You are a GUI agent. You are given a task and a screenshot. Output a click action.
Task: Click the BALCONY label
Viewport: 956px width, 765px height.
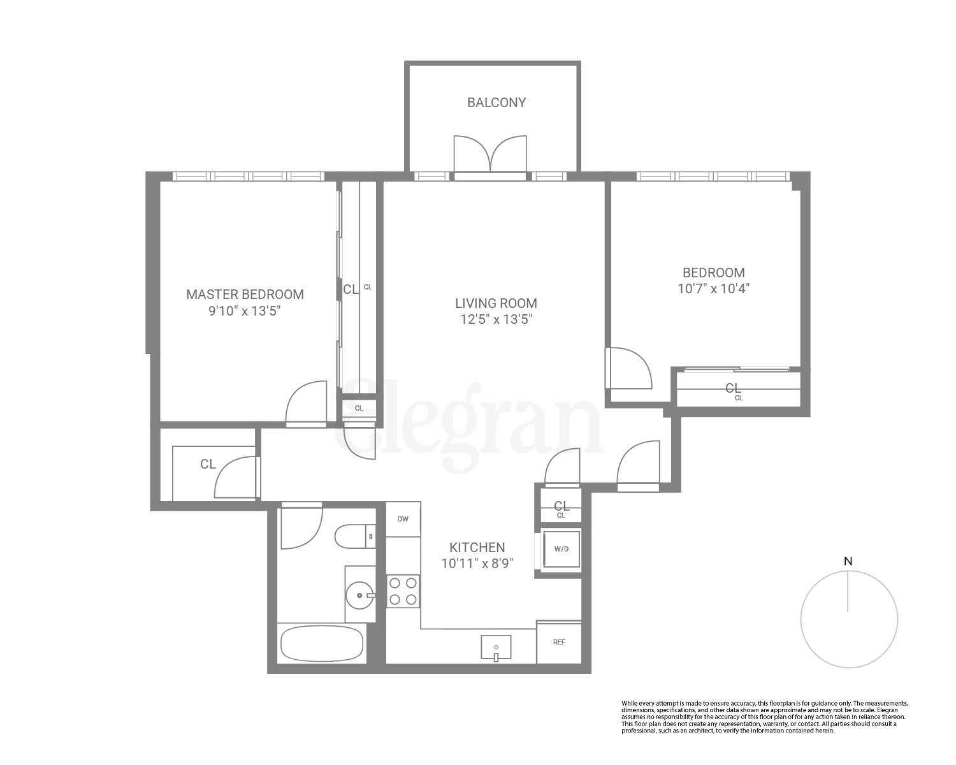tap(496, 103)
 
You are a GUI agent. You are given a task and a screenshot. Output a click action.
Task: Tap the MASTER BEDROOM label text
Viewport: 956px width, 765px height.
tap(245, 295)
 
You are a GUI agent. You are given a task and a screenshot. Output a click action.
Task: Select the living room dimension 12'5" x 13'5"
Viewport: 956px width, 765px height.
tap(496, 319)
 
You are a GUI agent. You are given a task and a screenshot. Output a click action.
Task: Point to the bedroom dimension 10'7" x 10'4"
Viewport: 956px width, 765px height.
tap(713, 289)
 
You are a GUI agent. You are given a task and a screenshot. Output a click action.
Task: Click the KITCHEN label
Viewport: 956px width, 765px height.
tap(477, 548)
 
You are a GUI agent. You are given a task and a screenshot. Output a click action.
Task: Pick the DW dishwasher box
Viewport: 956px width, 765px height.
tap(403, 519)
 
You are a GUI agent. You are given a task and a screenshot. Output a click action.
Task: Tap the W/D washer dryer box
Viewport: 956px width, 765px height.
tap(561, 549)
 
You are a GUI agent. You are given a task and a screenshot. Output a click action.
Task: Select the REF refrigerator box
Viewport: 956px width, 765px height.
tap(558, 642)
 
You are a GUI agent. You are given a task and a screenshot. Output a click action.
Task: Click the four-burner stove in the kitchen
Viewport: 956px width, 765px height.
tap(403, 590)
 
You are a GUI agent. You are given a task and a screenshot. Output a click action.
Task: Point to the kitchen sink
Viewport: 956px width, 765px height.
tap(496, 648)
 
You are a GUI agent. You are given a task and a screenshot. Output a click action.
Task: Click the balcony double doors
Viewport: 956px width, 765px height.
tap(490, 154)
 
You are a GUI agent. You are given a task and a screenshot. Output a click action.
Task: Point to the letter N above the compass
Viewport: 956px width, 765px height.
tap(848, 562)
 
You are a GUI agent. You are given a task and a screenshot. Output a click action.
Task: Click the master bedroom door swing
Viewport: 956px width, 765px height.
tap(307, 403)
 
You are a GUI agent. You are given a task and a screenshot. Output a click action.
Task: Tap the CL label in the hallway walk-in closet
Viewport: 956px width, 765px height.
tap(208, 464)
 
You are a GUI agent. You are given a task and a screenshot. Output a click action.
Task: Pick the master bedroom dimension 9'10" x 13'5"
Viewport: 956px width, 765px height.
tap(245, 311)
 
